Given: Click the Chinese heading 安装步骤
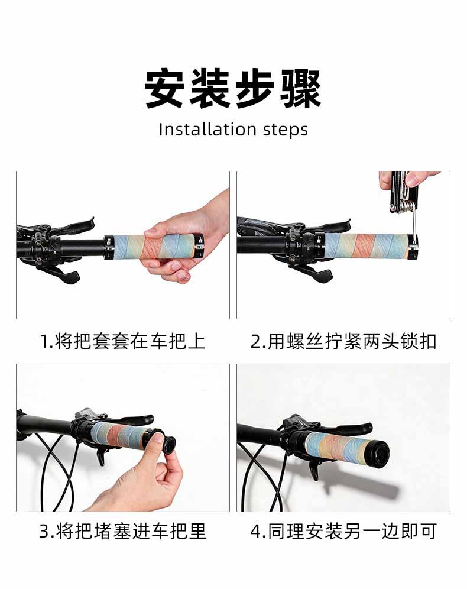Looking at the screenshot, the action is point(233,89).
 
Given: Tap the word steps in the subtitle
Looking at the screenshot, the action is point(286,130).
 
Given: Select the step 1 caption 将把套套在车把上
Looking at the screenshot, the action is point(130,341).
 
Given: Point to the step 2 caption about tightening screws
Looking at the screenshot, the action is point(352,341).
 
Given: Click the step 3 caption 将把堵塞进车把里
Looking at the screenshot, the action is point(131,531).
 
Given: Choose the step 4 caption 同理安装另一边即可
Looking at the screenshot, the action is point(352,531).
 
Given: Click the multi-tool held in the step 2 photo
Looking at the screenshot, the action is point(404,192).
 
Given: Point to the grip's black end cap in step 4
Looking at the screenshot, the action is point(376,452).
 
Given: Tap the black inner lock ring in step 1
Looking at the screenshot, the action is point(109,247).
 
